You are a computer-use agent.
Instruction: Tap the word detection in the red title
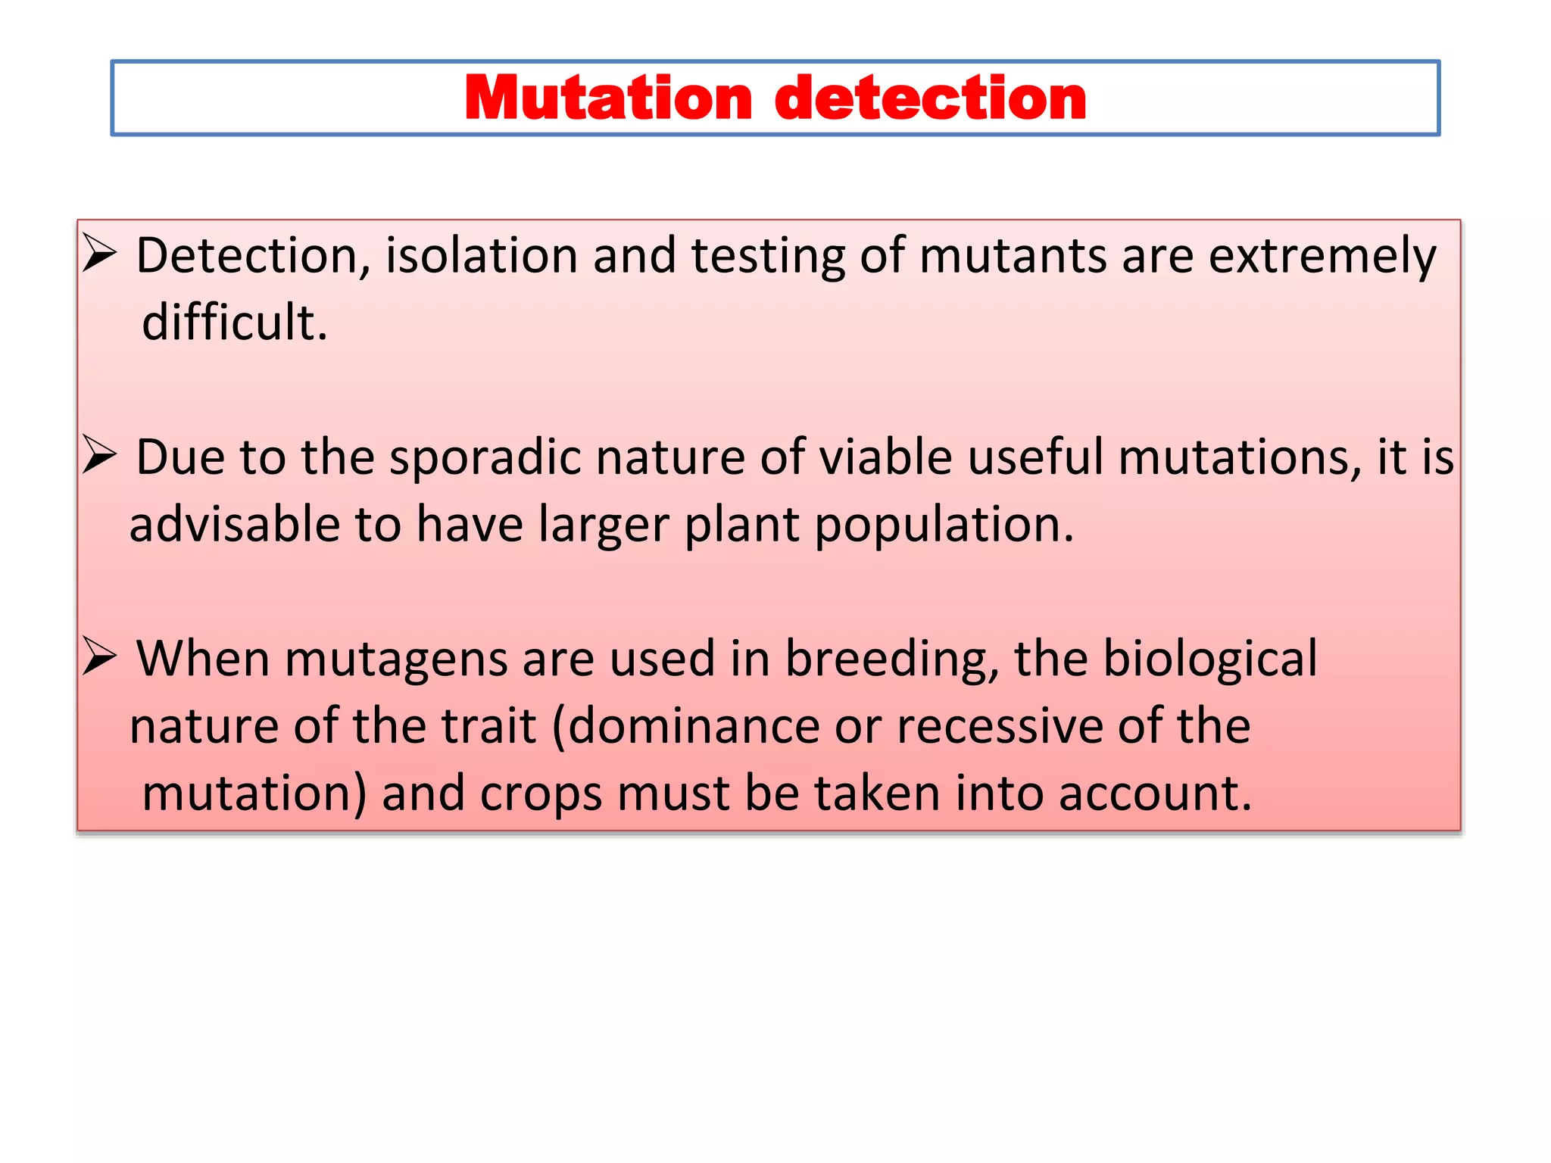931,98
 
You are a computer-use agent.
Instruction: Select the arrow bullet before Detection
99,253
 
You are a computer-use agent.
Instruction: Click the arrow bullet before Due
99,455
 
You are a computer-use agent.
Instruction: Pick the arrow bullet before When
99,656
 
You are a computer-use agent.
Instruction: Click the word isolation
481,255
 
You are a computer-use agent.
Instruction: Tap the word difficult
235,323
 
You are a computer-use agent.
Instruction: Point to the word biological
1209,659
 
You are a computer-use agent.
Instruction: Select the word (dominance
685,726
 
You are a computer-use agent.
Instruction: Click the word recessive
1000,726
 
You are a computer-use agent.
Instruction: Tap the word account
1154,794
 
